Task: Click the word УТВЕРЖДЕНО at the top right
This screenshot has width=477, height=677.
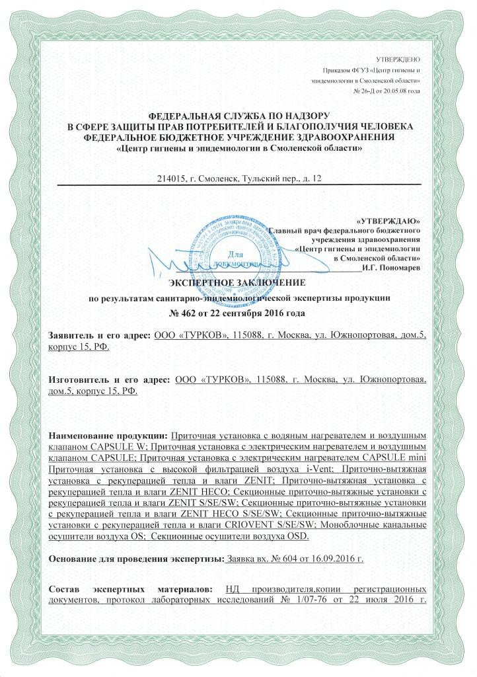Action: [x=402, y=59]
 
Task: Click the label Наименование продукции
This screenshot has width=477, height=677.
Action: [x=109, y=436]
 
